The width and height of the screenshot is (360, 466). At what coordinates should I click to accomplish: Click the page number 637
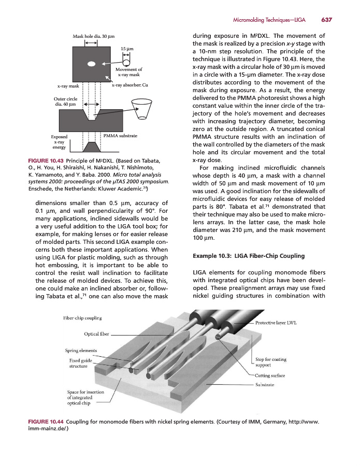[326, 20]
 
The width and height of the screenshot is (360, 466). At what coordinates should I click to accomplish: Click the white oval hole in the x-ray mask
[92, 65]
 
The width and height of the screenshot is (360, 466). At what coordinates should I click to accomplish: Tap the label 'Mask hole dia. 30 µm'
[93, 36]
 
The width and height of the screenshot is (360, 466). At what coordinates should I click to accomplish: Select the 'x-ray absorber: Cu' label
[130, 85]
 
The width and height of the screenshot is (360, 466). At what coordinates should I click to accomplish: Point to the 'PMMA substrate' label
[120, 135]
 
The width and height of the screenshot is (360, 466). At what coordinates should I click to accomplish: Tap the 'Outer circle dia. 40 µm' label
[65, 101]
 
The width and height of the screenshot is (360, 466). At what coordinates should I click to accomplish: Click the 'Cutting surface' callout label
[270, 375]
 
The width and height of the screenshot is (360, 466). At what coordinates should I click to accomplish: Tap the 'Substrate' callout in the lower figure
[266, 385]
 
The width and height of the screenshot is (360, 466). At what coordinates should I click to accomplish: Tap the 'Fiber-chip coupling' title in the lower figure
[79, 317]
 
